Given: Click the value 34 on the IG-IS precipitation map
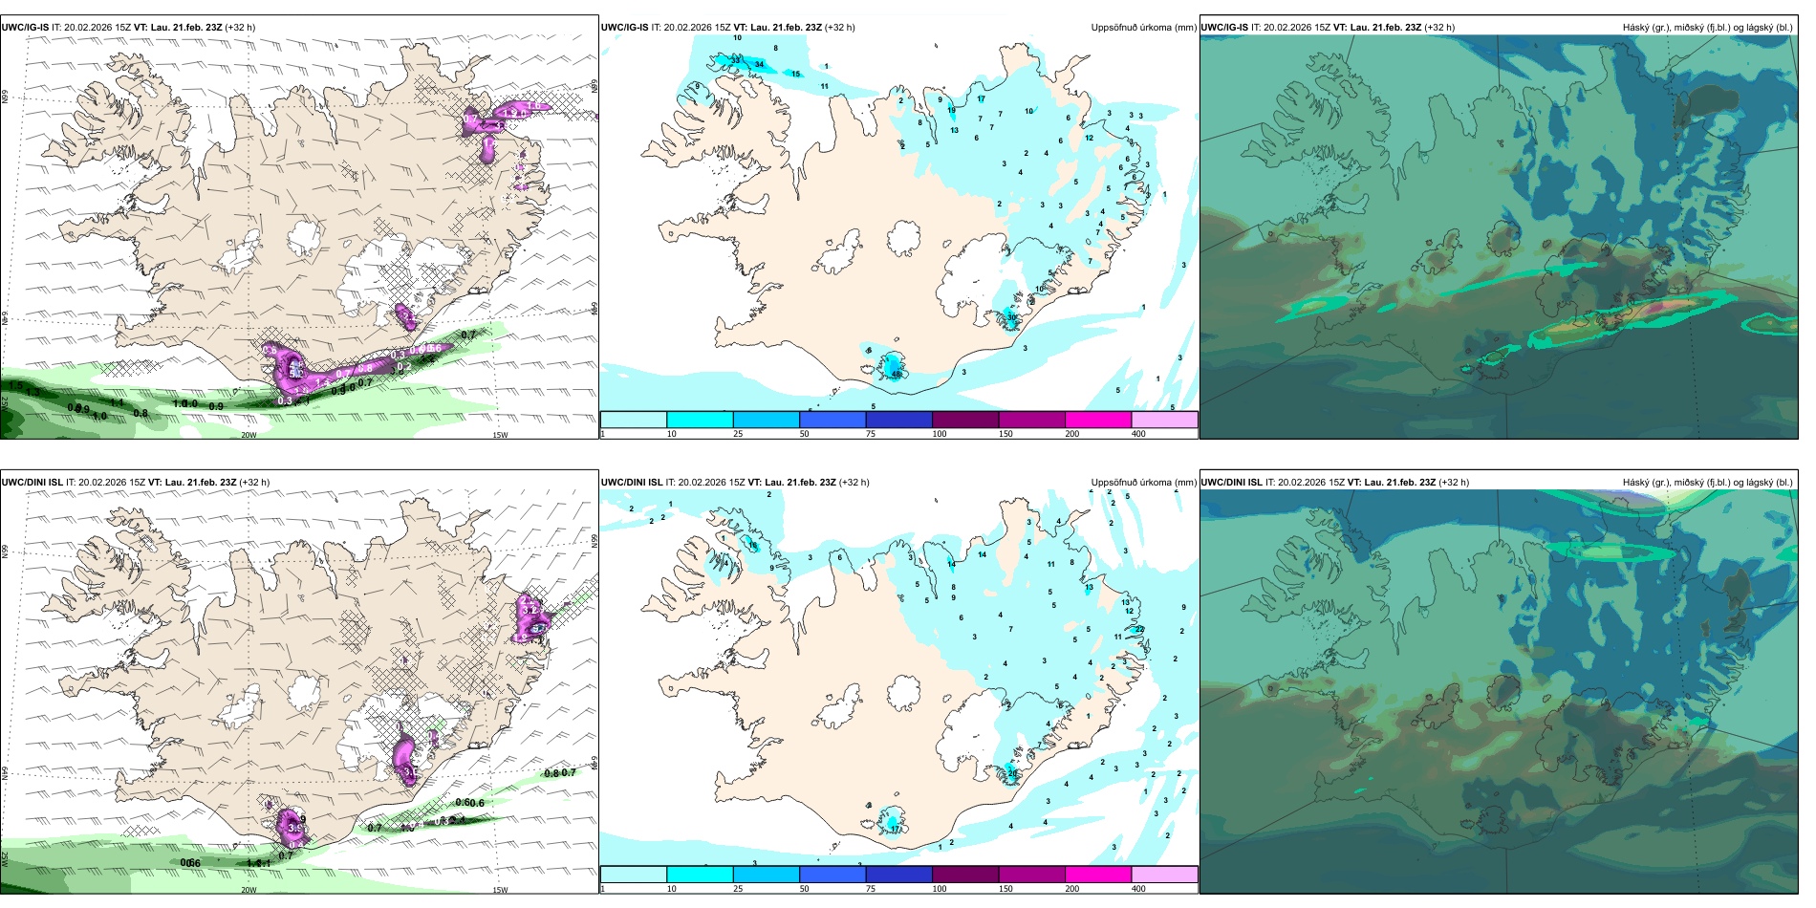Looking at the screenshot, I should point(760,64).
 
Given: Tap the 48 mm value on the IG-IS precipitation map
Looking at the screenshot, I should point(897,375).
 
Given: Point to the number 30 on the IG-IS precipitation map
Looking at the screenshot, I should point(1012,317).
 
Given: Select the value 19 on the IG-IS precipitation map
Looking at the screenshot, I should point(951,111).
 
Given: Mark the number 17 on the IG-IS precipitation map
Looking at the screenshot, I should point(981,99).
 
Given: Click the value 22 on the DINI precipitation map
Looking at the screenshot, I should point(1139,629).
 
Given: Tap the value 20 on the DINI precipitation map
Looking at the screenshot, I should point(1012,772).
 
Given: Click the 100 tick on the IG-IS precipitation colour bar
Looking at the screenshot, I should point(940,434).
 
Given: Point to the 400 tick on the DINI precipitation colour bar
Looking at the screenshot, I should point(1138,889).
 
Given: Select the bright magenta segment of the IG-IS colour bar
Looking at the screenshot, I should point(1097,420).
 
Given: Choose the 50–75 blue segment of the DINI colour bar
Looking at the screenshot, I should point(832,875).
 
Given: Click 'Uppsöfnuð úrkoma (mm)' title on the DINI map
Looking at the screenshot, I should point(1143,483).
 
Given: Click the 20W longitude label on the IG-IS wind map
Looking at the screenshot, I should point(249,435).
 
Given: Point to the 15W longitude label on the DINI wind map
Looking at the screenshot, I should point(500,890).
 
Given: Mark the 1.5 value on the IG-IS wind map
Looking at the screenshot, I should point(15,385).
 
